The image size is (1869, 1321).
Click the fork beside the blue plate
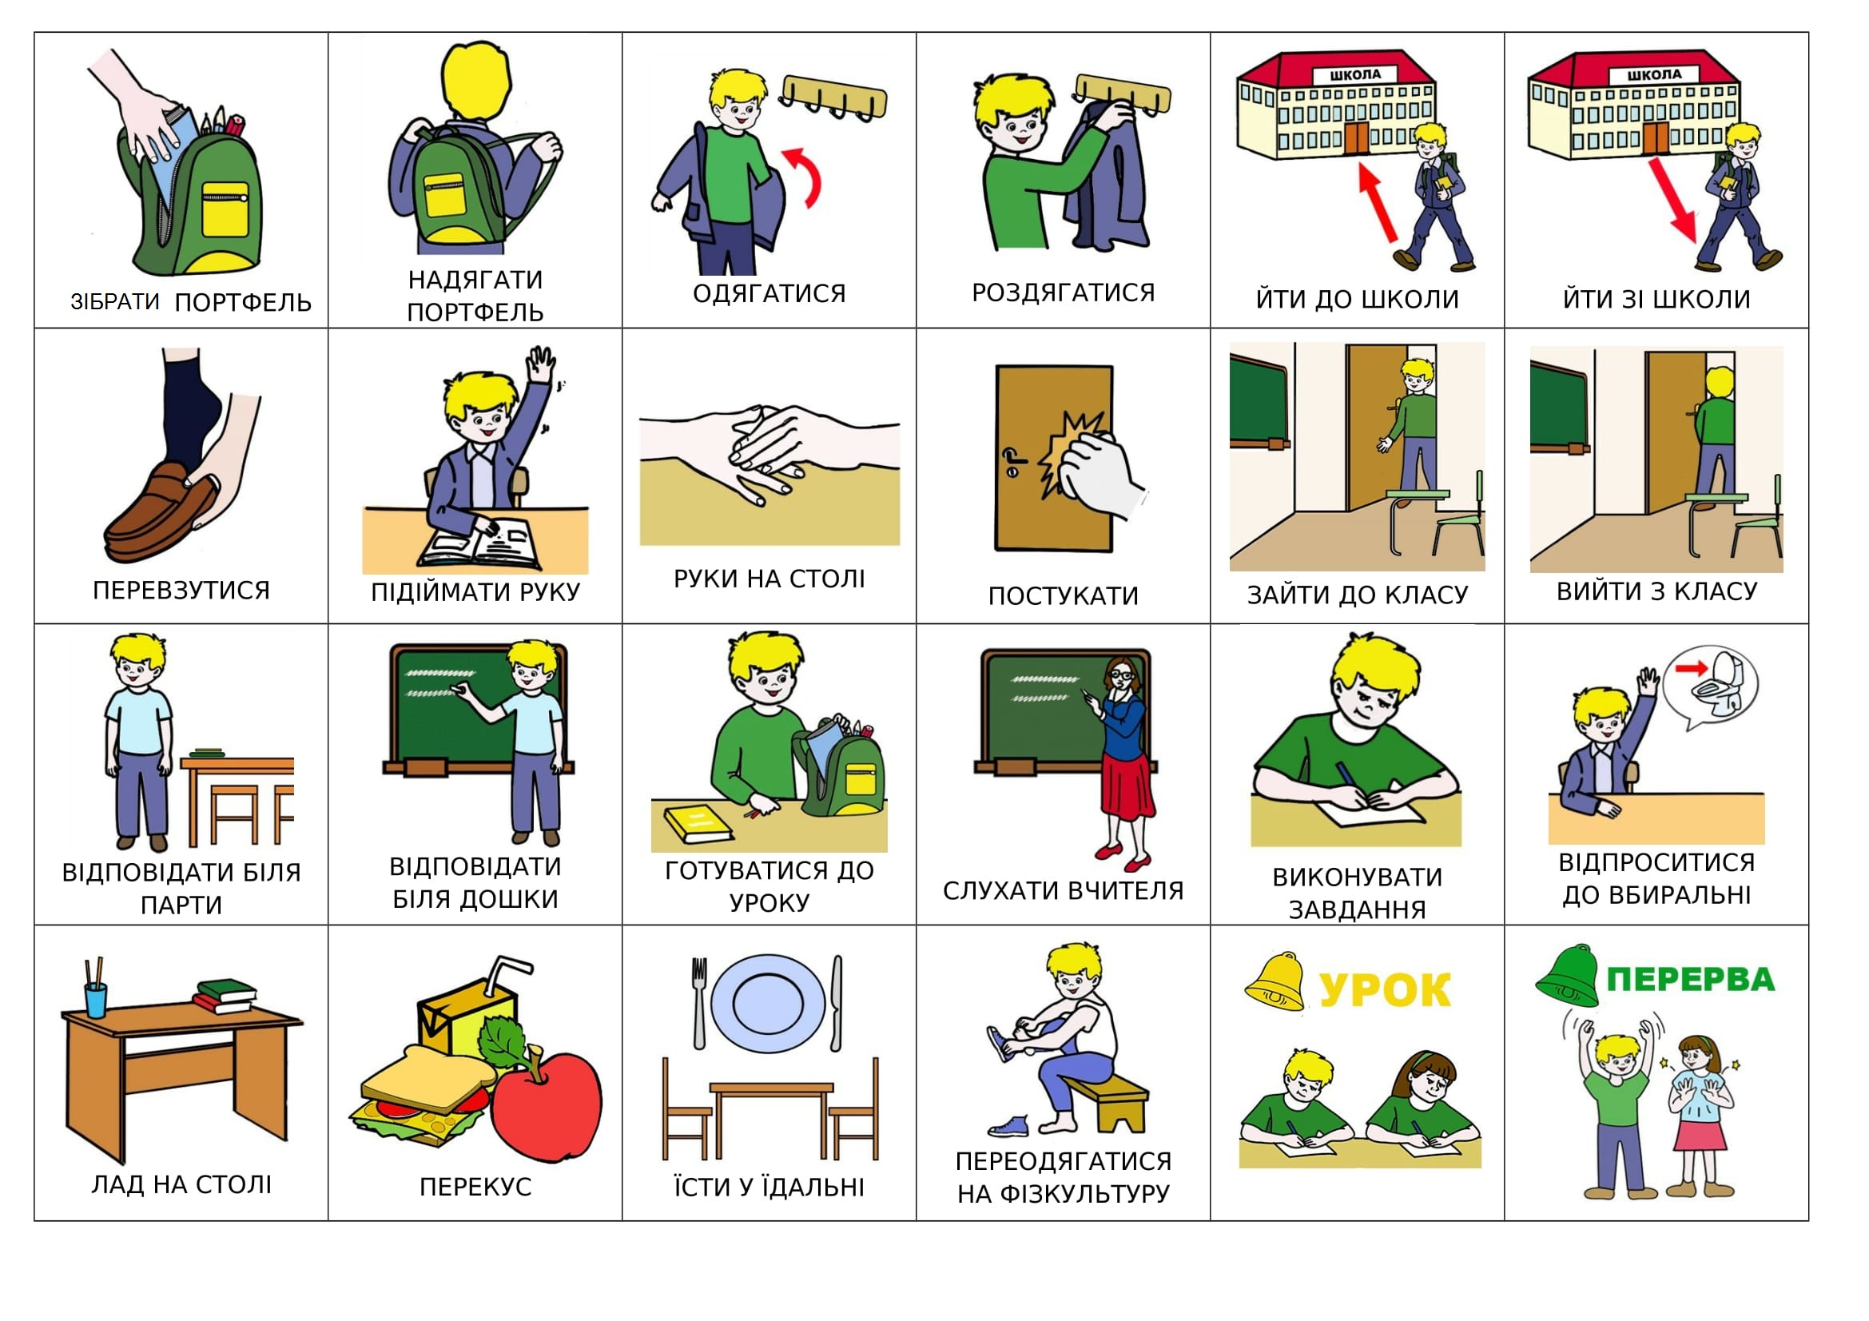coord(699,1003)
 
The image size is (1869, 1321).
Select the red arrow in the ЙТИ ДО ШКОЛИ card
coord(1378,203)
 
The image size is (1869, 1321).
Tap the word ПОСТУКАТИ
coord(1063,597)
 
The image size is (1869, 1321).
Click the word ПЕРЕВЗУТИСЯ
coord(181,590)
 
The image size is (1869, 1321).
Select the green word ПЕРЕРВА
coord(1691,979)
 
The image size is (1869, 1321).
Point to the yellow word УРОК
coord(1385,989)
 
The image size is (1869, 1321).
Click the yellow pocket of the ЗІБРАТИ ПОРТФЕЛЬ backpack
coord(225,209)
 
